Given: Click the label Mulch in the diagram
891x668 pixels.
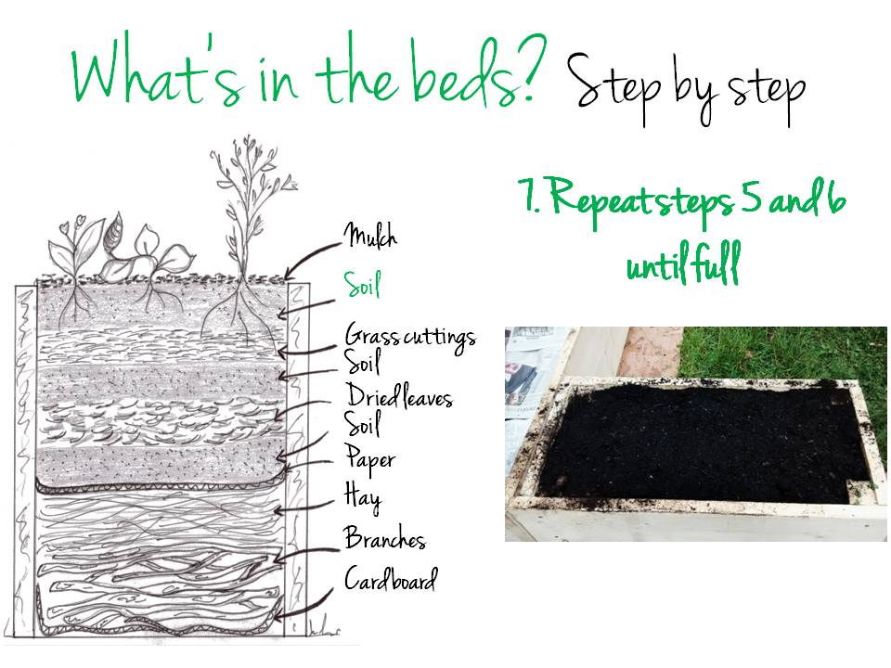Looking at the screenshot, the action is [370, 235].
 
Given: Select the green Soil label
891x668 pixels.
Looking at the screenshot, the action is [362, 284].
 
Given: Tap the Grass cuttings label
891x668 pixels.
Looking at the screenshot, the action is [410, 336].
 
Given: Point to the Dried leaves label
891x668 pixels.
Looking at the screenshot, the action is [399, 396].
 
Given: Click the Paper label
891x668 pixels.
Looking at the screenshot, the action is [370, 460].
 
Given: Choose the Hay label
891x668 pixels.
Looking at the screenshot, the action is [363, 497].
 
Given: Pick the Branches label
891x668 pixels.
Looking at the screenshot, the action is [384, 537].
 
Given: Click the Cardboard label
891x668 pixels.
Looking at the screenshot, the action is [391, 579].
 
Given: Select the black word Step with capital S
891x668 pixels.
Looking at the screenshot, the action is [614, 85].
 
